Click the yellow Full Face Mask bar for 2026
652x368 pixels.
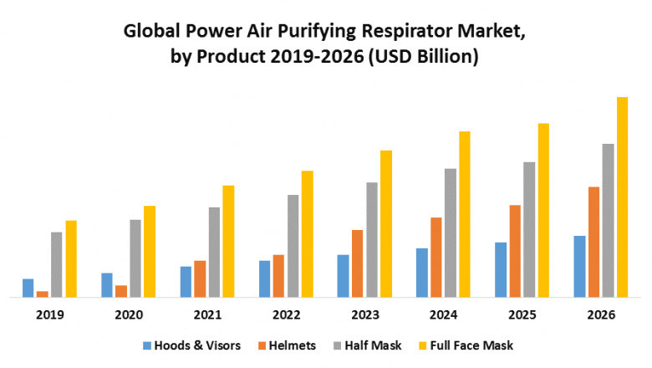tap(622, 197)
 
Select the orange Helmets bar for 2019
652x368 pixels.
tap(42, 294)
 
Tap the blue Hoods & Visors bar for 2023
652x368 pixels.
tap(343, 275)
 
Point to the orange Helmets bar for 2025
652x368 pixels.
tap(515, 251)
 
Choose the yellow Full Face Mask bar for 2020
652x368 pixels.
tap(150, 251)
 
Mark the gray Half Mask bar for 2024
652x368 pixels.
tap(451, 233)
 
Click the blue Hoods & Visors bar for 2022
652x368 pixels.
tap(264, 279)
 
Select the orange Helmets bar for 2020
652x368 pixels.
tap(121, 291)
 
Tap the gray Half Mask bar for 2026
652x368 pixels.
tap(608, 220)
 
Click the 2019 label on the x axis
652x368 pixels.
tap(49, 315)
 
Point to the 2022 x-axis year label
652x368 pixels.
tap(286, 315)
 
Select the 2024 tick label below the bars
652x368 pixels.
tap(443, 315)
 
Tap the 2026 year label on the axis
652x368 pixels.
tap(601, 315)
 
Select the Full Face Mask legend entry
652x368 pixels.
tap(471, 345)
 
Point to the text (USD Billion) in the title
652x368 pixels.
tap(426, 56)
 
